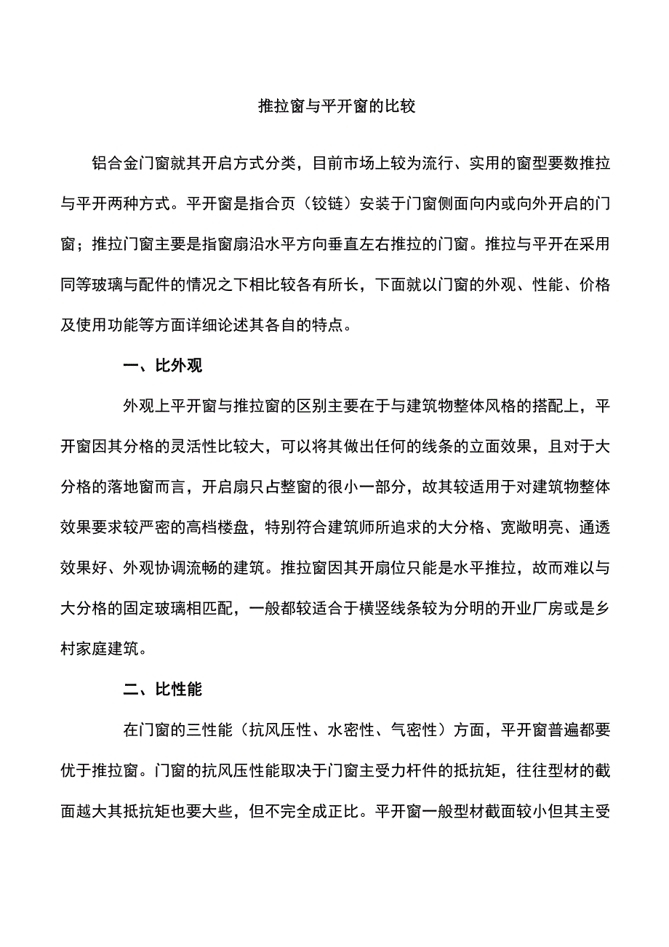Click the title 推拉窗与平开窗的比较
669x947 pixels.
click(x=337, y=106)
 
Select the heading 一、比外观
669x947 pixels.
click(x=163, y=366)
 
